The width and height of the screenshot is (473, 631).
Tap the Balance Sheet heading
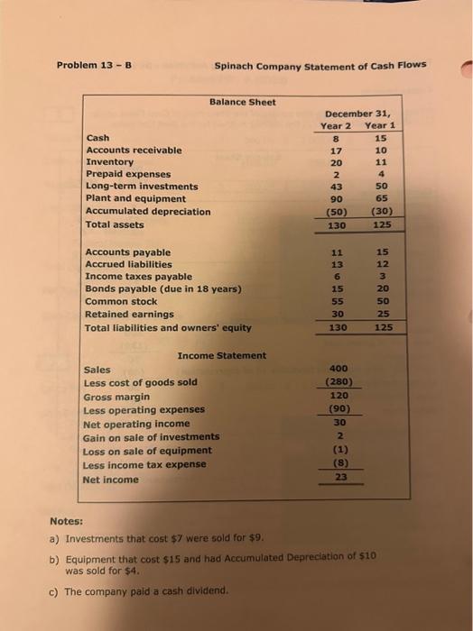tap(243, 102)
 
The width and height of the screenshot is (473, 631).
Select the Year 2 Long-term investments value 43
tap(338, 187)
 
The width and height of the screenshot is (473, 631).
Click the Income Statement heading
tap(222, 355)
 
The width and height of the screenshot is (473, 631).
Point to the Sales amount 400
tap(339, 370)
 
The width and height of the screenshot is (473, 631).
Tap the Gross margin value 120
tap(339, 396)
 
